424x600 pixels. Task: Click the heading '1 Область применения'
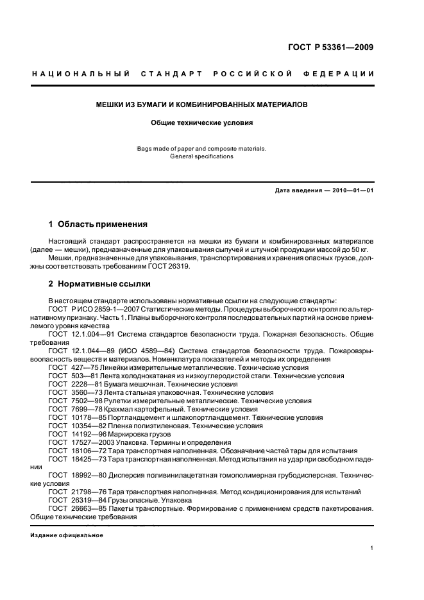coord(98,224)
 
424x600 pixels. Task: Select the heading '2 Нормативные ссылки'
coord(99,283)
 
